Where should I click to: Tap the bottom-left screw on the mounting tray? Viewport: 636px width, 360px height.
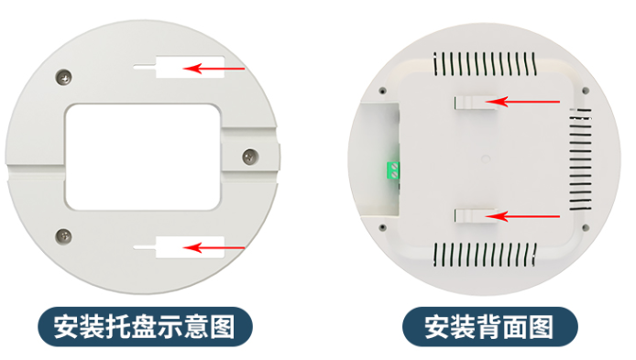click(63, 235)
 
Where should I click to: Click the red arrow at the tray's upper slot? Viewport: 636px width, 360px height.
click(216, 67)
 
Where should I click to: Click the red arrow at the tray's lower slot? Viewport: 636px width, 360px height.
click(216, 245)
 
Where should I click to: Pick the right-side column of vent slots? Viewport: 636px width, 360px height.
click(577, 158)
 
